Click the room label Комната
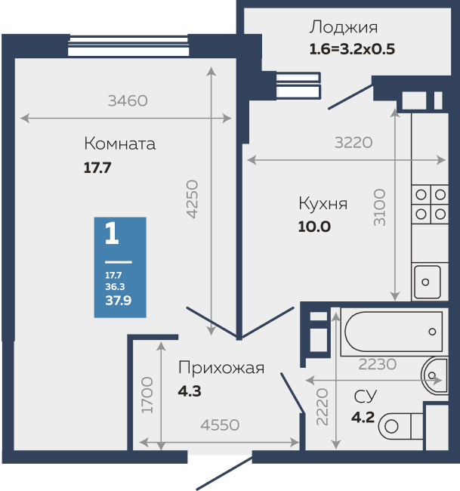120,144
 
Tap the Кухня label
323,203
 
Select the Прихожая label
221,368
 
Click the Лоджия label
343,28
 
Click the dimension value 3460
127,100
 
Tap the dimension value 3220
353,141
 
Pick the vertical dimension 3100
379,208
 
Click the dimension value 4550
219,425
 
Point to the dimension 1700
148,394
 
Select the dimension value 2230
377,364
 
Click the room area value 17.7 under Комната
97,168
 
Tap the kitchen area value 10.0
315,226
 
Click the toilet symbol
400,425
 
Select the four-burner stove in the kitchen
429,204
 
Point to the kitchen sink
428,281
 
